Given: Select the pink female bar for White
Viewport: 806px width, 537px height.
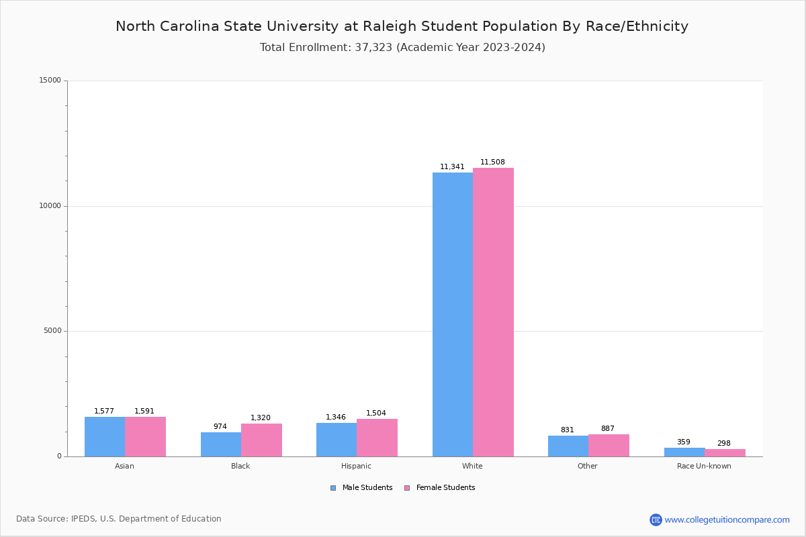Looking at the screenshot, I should pos(493,312).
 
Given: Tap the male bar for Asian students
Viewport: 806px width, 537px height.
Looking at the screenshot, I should pos(105,436).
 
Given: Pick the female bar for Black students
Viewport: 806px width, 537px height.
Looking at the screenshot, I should pos(261,440).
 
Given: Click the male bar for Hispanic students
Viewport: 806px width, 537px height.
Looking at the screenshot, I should pos(337,440).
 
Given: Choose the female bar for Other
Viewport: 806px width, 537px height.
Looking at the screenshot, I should pos(609,445).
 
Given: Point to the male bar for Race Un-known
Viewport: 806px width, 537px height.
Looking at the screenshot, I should pos(684,452).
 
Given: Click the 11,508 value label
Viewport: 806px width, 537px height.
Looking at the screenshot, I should pos(492,162).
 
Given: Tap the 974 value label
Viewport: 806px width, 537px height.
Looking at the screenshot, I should pos(220,427).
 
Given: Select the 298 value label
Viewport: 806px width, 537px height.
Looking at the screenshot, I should pos(723,444).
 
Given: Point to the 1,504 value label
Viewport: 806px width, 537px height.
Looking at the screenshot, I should pos(376,413).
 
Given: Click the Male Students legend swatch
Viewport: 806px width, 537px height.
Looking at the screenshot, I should pos(333,488).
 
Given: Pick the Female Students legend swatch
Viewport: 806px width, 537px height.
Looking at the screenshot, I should pos(407,488).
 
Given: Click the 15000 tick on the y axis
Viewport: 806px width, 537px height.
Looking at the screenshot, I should pos(50,81).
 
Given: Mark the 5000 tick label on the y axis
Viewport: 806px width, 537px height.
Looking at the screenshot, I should pos(52,331).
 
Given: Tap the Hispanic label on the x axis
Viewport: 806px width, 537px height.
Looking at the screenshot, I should pos(356,466).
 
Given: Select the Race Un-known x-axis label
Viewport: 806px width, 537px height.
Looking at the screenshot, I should pos(704,466).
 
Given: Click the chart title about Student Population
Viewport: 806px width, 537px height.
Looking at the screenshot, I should pos(402,26).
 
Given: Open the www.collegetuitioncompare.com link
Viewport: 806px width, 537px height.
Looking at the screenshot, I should pos(727,520).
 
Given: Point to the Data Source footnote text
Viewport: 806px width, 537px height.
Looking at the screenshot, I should pos(119,519).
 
